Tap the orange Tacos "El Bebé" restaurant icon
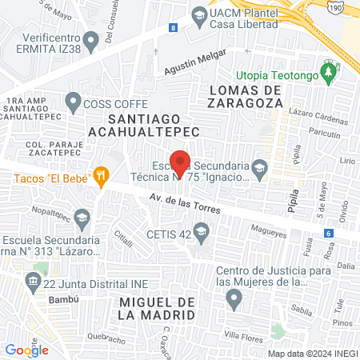pyautogui.click(x=101, y=176)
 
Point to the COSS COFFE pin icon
pyautogui.click(x=74, y=102)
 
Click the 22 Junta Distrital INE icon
pyautogui.click(x=33, y=281)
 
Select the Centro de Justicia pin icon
pyautogui.click(x=234, y=299)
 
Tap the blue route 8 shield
pyautogui.click(x=173, y=28)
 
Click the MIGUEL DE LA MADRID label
pyautogui.click(x=156, y=308)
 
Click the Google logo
pyautogui.click(x=26, y=349)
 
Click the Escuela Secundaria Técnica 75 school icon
pyautogui.click(x=258, y=168)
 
